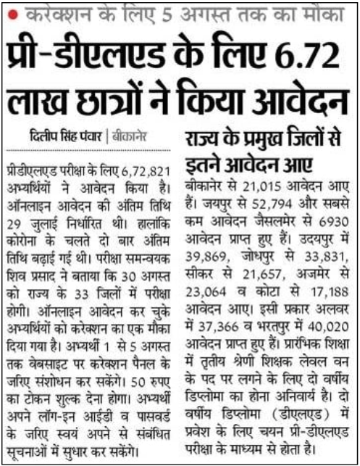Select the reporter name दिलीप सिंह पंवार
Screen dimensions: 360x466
tap(64, 135)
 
